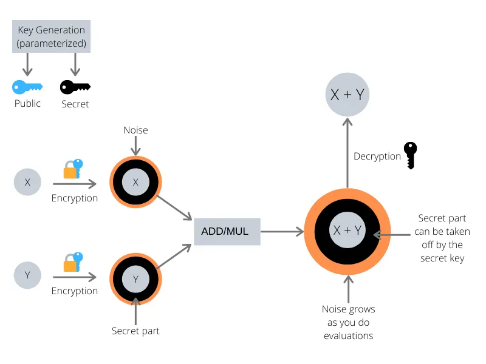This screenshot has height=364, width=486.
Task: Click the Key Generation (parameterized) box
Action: click(x=51, y=36)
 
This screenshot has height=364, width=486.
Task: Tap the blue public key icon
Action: click(x=27, y=87)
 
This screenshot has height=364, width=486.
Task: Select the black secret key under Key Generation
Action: click(x=75, y=87)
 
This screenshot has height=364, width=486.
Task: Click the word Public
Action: click(x=27, y=103)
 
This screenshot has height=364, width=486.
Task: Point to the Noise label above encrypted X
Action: click(x=135, y=130)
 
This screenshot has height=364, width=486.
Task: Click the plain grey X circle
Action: click(x=27, y=182)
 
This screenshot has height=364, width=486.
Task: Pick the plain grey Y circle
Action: click(x=27, y=275)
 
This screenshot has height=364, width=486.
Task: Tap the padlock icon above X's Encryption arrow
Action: click(x=73, y=169)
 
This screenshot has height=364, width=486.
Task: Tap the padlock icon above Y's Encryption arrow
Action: click(x=73, y=262)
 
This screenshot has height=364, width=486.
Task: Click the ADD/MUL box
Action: click(x=227, y=232)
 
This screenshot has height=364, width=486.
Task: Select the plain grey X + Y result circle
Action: click(x=347, y=95)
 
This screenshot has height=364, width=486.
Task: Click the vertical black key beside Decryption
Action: click(x=411, y=156)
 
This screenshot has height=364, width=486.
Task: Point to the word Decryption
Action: click(x=377, y=157)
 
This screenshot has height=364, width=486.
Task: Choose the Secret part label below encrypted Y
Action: click(x=135, y=331)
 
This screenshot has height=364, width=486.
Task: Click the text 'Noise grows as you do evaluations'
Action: click(x=348, y=322)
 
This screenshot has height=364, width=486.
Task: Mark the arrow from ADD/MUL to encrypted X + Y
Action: click(x=282, y=232)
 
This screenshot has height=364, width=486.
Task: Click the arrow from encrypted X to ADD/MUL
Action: click(x=174, y=207)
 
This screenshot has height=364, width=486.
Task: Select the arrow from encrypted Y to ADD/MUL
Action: click(x=174, y=256)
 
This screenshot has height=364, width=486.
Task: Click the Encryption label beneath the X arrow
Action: click(x=75, y=198)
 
